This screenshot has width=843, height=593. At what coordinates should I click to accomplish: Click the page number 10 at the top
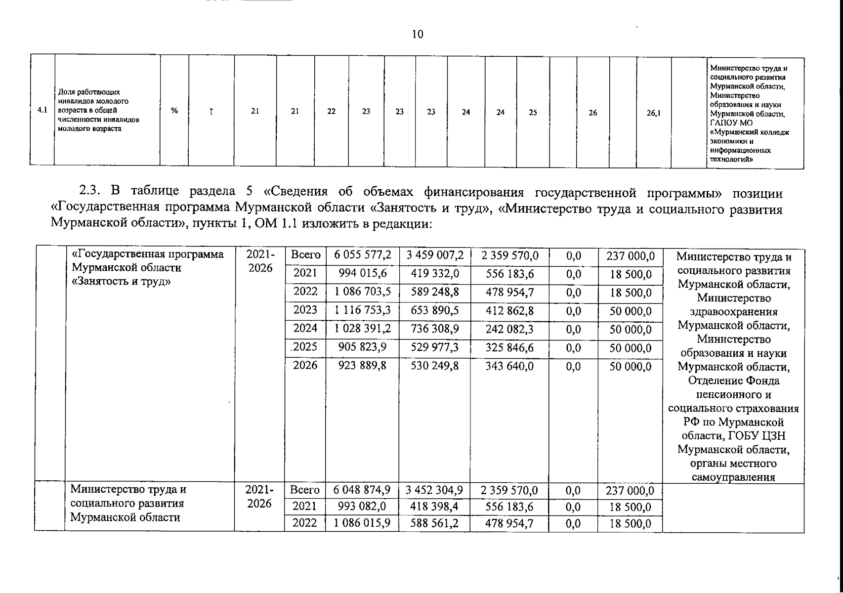[418, 34]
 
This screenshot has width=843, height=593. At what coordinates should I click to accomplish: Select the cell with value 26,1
[654, 113]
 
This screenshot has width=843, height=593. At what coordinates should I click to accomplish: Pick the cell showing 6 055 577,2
[363, 255]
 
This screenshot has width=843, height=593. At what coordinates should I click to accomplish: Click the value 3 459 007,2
[435, 255]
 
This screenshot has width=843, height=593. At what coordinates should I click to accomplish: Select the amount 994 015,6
[363, 274]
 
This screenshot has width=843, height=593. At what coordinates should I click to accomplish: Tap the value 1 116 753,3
[363, 310]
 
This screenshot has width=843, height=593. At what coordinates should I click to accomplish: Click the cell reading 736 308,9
[435, 329]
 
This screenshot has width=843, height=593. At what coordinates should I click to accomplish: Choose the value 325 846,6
[509, 347]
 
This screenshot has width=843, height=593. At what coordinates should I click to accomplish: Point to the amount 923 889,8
[363, 366]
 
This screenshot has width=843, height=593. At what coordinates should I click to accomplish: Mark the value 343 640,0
[509, 366]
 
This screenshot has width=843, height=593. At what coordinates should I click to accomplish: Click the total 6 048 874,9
[362, 490]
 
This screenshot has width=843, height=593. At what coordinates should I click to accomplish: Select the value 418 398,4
[435, 507]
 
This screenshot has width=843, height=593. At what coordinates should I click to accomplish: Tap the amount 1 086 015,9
[362, 523]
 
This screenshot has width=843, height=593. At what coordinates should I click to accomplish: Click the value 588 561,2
[435, 523]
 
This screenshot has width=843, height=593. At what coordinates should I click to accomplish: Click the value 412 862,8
[509, 311]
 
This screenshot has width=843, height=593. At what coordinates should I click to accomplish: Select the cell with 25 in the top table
[533, 112]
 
